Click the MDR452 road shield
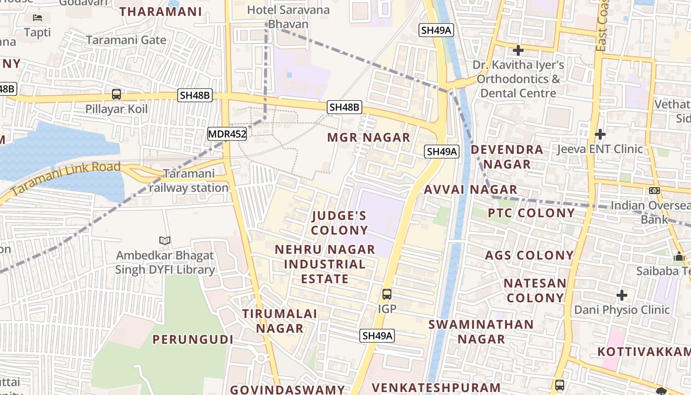(227, 133)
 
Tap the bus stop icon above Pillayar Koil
(116, 94)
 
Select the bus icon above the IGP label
(387, 294)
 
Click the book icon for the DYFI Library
(165, 240)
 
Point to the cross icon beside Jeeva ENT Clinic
(600, 134)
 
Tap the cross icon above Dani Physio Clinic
(622, 295)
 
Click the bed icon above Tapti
(38, 18)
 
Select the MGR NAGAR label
(369, 138)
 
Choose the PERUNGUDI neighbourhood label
(193, 340)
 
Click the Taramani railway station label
(189, 181)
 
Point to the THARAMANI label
(161, 12)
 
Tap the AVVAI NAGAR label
(470, 190)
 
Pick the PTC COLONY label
(532, 213)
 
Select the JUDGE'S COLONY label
(340, 223)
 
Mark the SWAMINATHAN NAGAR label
(481, 332)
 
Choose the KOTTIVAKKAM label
(644, 352)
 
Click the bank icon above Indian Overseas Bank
(654, 191)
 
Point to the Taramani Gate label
(126, 40)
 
